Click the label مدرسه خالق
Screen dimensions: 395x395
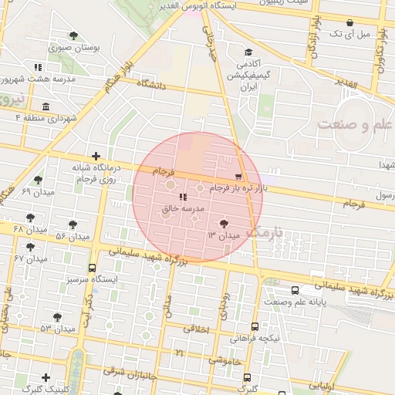click(182, 209)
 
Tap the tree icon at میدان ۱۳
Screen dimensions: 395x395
click(224, 223)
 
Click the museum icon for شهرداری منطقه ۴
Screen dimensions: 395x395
click(46, 106)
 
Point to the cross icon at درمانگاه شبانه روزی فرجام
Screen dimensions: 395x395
click(95, 156)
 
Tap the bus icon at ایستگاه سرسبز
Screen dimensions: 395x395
click(93, 268)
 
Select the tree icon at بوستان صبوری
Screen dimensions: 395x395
click(73, 35)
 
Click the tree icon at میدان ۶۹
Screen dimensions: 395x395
click(38, 180)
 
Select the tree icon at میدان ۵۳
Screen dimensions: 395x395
click(58, 316)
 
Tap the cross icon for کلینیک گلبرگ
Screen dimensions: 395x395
click(46, 378)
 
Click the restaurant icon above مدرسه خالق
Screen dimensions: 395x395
click(182, 197)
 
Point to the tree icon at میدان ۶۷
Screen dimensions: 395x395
click(30, 247)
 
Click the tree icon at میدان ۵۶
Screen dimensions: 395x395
click(73, 225)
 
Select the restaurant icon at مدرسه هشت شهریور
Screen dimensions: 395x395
click(38, 67)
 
